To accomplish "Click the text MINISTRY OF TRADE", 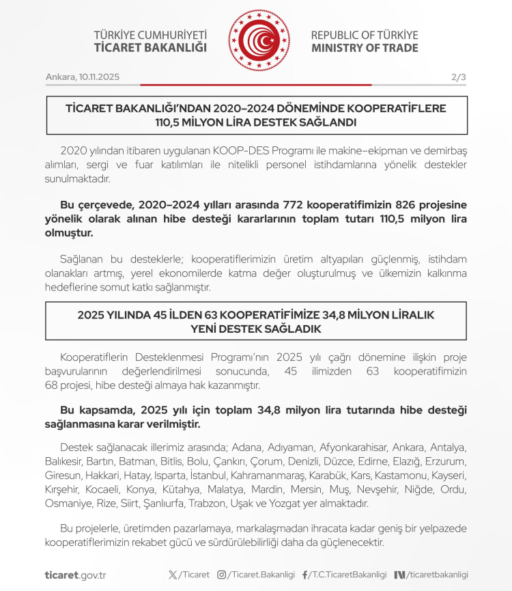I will point(365,49).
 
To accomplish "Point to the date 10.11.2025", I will point(99,77).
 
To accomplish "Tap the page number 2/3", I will point(459,77).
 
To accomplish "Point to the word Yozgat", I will point(296,504).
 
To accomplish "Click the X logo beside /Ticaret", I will point(173,575).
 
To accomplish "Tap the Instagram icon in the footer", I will point(221,575).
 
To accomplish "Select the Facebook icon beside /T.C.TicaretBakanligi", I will point(304,575).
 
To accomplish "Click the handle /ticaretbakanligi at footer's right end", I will point(438,575).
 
